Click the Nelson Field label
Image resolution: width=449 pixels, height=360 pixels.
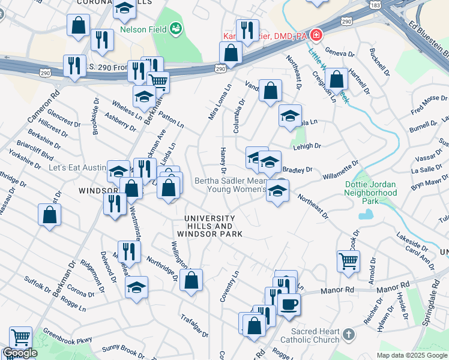point(142,29)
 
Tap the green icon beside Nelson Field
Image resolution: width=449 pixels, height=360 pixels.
point(176,28)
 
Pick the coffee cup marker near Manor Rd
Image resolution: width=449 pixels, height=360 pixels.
point(289,304)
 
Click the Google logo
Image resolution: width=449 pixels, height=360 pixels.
point(19,353)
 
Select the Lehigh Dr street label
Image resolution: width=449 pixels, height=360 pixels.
point(307,145)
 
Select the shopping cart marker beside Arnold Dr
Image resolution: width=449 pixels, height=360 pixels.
point(348,262)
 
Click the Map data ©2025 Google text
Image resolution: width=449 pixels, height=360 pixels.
point(412,355)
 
